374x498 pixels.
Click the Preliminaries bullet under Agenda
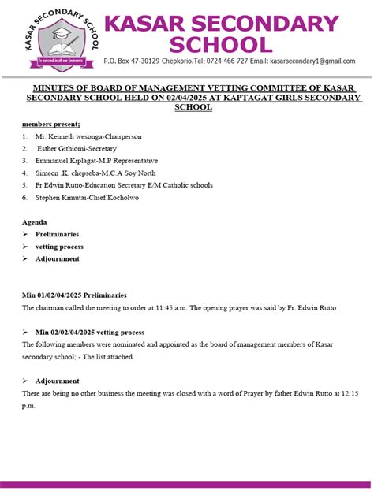[62, 235]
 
